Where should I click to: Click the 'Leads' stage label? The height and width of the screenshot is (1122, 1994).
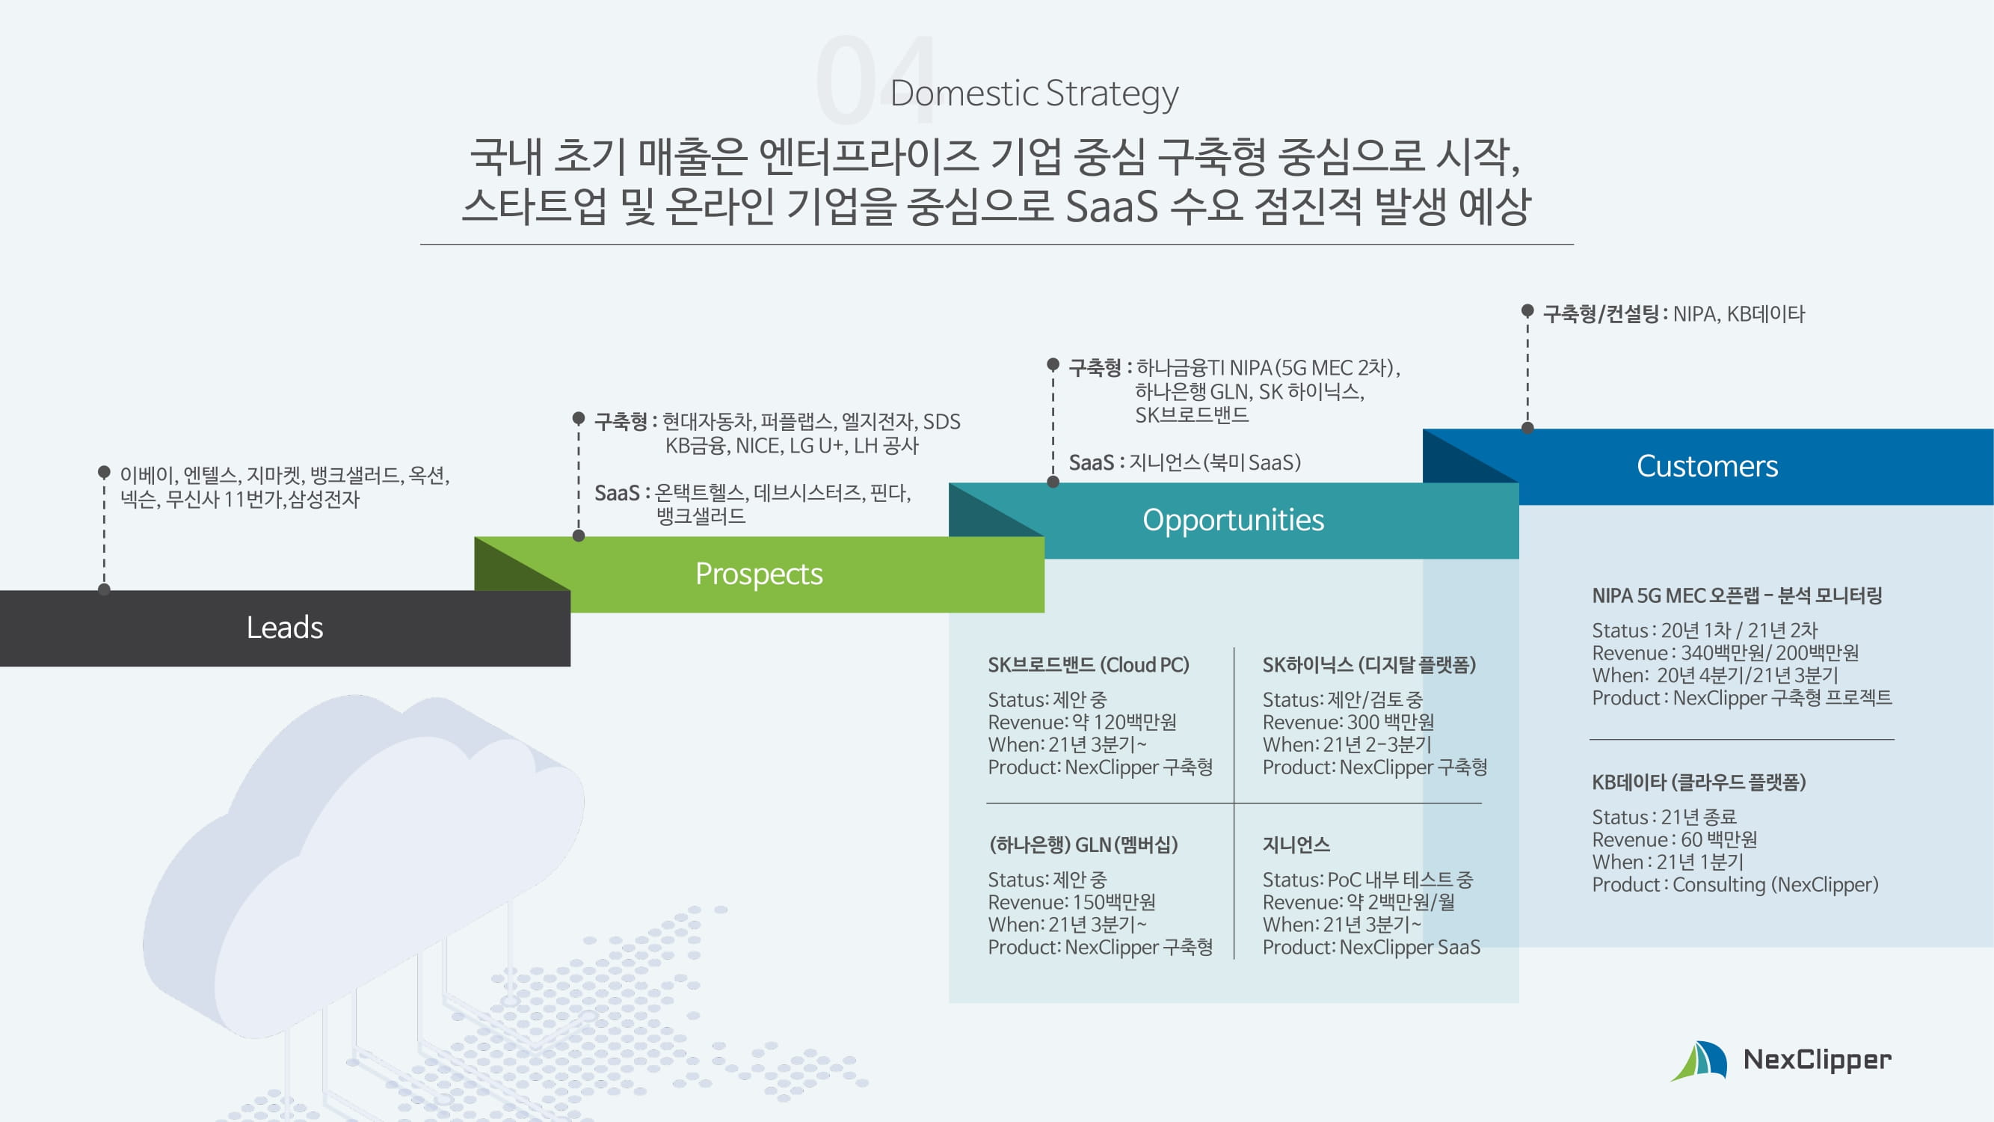(285, 628)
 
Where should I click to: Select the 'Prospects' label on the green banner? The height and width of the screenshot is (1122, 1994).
(759, 574)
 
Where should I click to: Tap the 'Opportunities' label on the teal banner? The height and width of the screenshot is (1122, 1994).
(1233, 521)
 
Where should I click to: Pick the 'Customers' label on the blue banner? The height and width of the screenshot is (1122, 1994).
(1707, 466)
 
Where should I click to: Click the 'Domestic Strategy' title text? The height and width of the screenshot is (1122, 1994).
(1034, 93)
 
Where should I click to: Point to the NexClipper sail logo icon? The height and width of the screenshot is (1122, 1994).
(1699, 1061)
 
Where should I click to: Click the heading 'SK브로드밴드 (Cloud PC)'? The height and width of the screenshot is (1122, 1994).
(1089, 665)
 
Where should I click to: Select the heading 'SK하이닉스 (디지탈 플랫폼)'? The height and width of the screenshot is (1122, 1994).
(1368, 665)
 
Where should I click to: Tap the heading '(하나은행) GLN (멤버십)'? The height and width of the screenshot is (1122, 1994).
(1083, 844)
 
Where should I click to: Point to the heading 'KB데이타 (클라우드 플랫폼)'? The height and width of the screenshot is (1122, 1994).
(1699, 782)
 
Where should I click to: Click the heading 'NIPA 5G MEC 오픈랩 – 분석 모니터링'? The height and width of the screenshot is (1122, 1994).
(1736, 595)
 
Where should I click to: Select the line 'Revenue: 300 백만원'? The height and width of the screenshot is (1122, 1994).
(1348, 723)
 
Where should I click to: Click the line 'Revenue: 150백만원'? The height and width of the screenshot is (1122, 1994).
(1071, 902)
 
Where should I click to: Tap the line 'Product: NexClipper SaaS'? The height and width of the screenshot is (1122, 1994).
(1371, 947)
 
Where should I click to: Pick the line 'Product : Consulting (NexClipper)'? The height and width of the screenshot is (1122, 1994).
(1735, 884)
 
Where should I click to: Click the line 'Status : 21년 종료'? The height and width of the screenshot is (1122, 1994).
(1664, 817)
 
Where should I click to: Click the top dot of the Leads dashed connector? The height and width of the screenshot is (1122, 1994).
(105, 470)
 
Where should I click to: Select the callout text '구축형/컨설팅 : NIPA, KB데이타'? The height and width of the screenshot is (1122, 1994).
(1673, 313)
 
